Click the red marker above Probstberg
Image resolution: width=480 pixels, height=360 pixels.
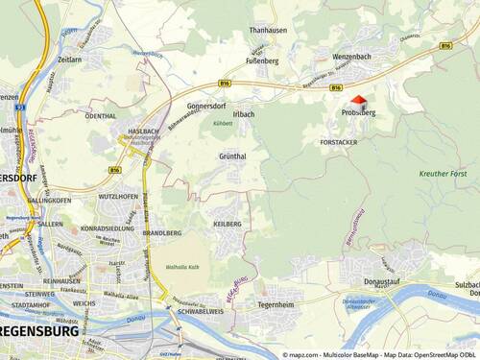[x=358, y=99]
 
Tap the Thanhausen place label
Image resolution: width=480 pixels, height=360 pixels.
[x=269, y=30]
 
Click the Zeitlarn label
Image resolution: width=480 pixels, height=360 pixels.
[x=69, y=60]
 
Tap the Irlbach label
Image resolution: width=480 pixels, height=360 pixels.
[x=244, y=114]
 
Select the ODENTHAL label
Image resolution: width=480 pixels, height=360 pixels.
[x=101, y=115]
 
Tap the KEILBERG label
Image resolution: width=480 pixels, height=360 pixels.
[x=227, y=223]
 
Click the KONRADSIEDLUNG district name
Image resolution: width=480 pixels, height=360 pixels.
[x=108, y=228]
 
